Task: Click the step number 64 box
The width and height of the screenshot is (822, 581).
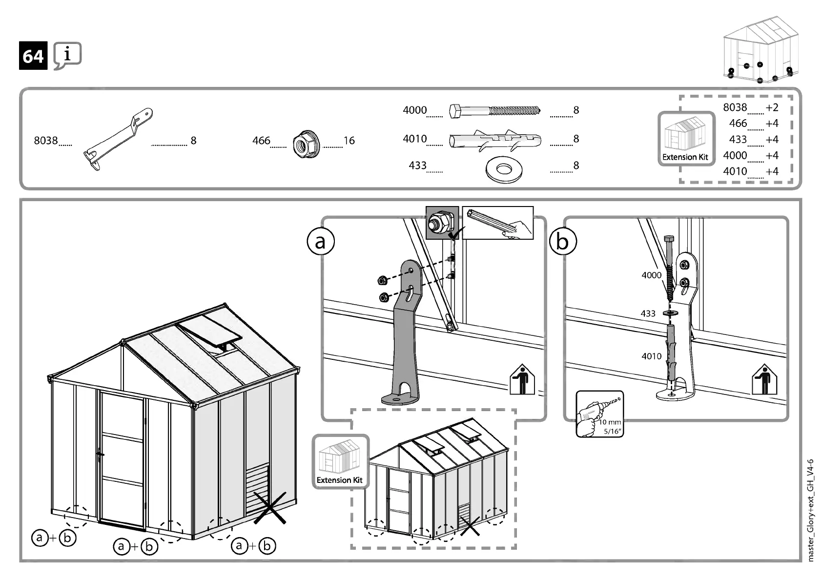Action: tap(33, 56)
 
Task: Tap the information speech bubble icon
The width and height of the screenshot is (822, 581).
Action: tap(67, 55)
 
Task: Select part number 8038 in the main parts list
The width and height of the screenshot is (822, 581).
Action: tap(46, 141)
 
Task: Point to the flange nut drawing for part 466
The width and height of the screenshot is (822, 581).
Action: tap(306, 144)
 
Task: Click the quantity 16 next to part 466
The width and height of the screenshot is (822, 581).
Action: tap(349, 141)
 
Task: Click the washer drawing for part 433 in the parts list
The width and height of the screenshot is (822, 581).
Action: tap(504, 169)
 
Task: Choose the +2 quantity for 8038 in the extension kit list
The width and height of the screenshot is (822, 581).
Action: tap(772, 107)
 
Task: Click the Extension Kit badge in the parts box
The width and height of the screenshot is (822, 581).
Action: tap(686, 139)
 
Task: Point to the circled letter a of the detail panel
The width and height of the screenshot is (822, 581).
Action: tap(321, 241)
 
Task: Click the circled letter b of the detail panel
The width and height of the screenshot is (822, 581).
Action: tap(563, 241)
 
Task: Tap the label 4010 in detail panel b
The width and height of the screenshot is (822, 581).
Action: tap(651, 356)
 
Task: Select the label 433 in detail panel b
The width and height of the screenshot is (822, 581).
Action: tap(648, 313)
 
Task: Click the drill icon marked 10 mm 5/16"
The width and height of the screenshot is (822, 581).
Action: tap(599, 414)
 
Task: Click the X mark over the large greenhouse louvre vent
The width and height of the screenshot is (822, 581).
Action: tap(269, 508)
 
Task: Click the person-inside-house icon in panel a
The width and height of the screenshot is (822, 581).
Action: tap(522, 379)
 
